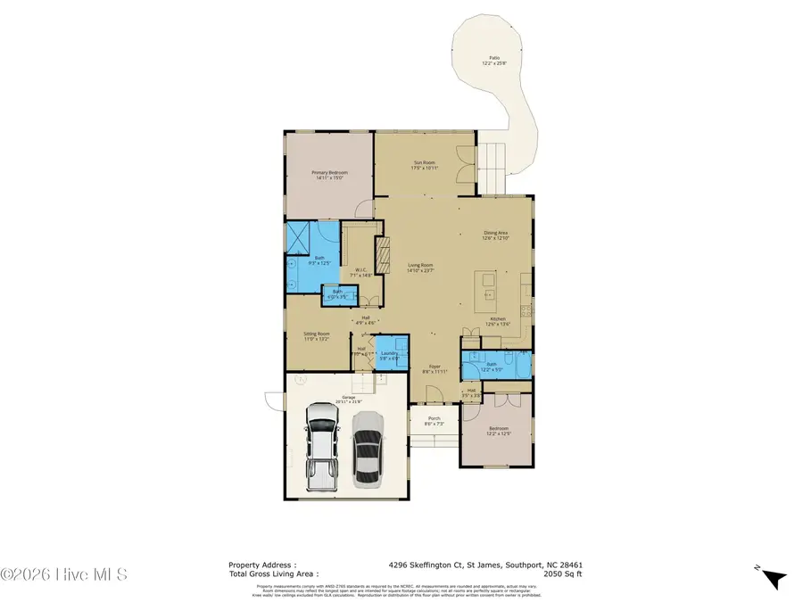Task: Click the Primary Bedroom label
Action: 329,172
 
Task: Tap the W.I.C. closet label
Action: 361,270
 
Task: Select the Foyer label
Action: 434,367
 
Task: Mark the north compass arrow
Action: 774,578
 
